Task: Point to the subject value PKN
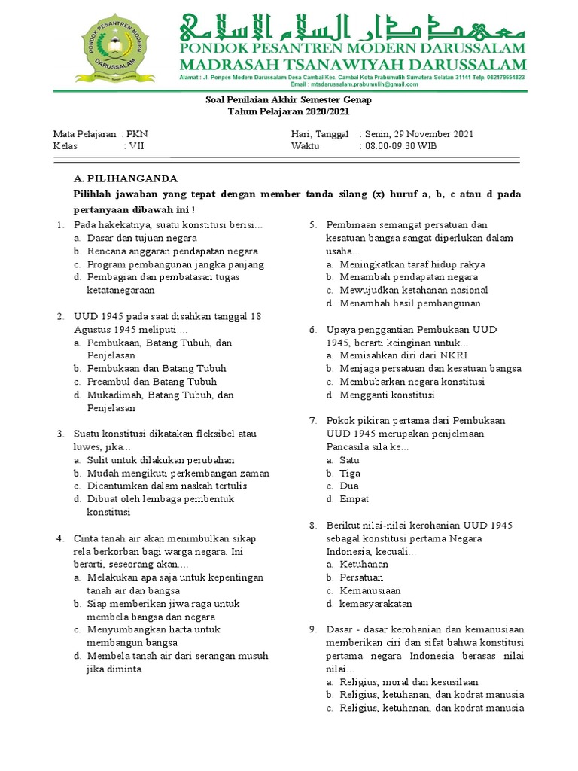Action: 138,133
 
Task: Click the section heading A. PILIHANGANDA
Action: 126,178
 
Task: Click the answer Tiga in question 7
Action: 350,473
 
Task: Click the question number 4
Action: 60,538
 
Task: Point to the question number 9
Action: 312,629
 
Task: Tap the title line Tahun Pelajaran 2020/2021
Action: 289,111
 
